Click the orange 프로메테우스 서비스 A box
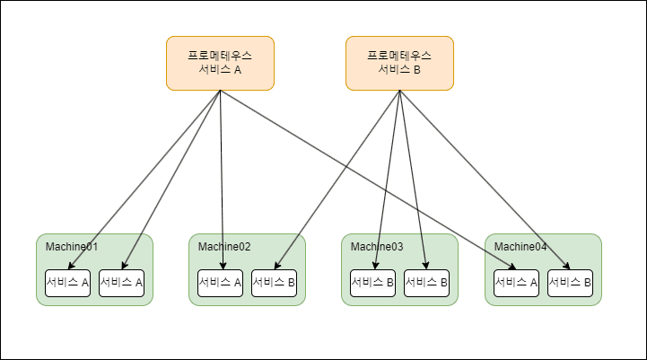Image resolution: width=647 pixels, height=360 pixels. click(220, 64)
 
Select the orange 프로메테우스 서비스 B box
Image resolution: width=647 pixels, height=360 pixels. click(399, 64)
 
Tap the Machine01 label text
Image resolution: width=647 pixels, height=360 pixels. click(72, 247)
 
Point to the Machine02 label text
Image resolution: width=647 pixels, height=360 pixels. click(224, 247)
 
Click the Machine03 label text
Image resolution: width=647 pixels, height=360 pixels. click(377, 247)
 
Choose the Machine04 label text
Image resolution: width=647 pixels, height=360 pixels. click(520, 247)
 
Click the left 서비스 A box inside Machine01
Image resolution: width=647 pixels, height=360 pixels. click(68, 283)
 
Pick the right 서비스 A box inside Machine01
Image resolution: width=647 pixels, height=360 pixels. click(121, 283)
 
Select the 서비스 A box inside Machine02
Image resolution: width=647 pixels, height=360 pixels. click(221, 283)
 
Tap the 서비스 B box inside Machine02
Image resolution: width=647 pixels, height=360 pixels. click(274, 283)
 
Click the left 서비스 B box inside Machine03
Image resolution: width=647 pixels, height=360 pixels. click(373, 283)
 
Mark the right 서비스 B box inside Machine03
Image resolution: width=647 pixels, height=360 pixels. click(426, 283)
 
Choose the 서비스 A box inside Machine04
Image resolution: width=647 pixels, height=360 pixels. click(517, 283)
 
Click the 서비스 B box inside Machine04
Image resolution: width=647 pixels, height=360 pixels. click(570, 283)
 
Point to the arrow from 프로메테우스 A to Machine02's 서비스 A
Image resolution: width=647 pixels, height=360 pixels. click(222, 180)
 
